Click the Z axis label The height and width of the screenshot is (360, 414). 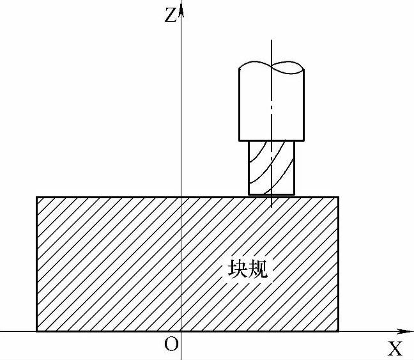(169, 15)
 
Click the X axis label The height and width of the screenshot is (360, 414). (395, 348)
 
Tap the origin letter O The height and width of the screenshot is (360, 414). (171, 345)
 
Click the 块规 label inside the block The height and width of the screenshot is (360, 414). (248, 269)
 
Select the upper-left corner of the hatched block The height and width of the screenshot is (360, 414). (36, 197)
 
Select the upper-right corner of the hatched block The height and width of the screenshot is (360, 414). (338, 197)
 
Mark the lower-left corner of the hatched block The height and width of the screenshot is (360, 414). (36, 331)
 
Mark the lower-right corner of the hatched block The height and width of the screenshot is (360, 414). (338, 331)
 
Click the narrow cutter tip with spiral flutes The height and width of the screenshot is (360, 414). (272, 168)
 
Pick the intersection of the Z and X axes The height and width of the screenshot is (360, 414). (181, 331)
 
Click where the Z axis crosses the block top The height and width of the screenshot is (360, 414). (181, 197)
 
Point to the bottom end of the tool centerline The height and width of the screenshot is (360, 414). (272, 207)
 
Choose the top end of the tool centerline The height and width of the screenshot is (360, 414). (272, 40)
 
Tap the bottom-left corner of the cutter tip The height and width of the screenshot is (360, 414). (249, 194)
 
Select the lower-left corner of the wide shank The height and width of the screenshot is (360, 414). (240, 140)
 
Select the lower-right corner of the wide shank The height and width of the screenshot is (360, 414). (303, 140)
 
